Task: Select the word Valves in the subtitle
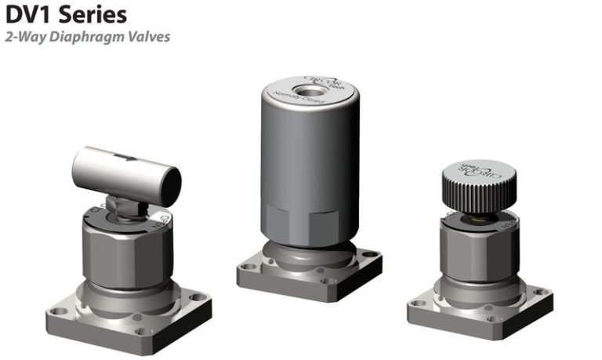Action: [147, 37]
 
